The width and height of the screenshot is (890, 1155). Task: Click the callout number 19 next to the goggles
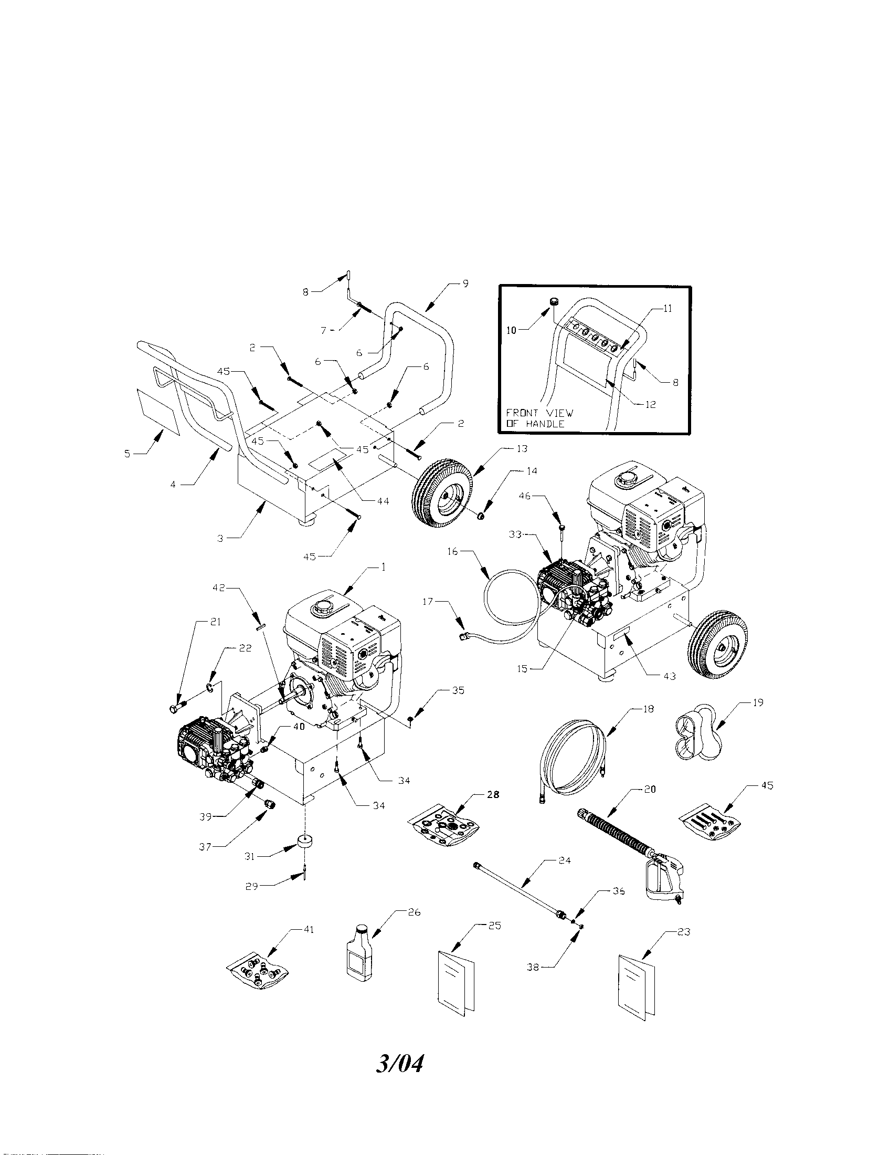coord(758,703)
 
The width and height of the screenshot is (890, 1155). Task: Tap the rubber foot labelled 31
coord(305,842)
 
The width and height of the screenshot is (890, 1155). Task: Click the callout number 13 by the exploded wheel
coord(522,448)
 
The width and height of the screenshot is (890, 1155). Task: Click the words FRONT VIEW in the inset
coord(539,413)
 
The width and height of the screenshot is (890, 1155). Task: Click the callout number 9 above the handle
coord(465,283)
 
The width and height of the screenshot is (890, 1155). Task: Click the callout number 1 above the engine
coord(383,566)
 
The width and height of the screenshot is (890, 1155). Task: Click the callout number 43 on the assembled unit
coord(669,676)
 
